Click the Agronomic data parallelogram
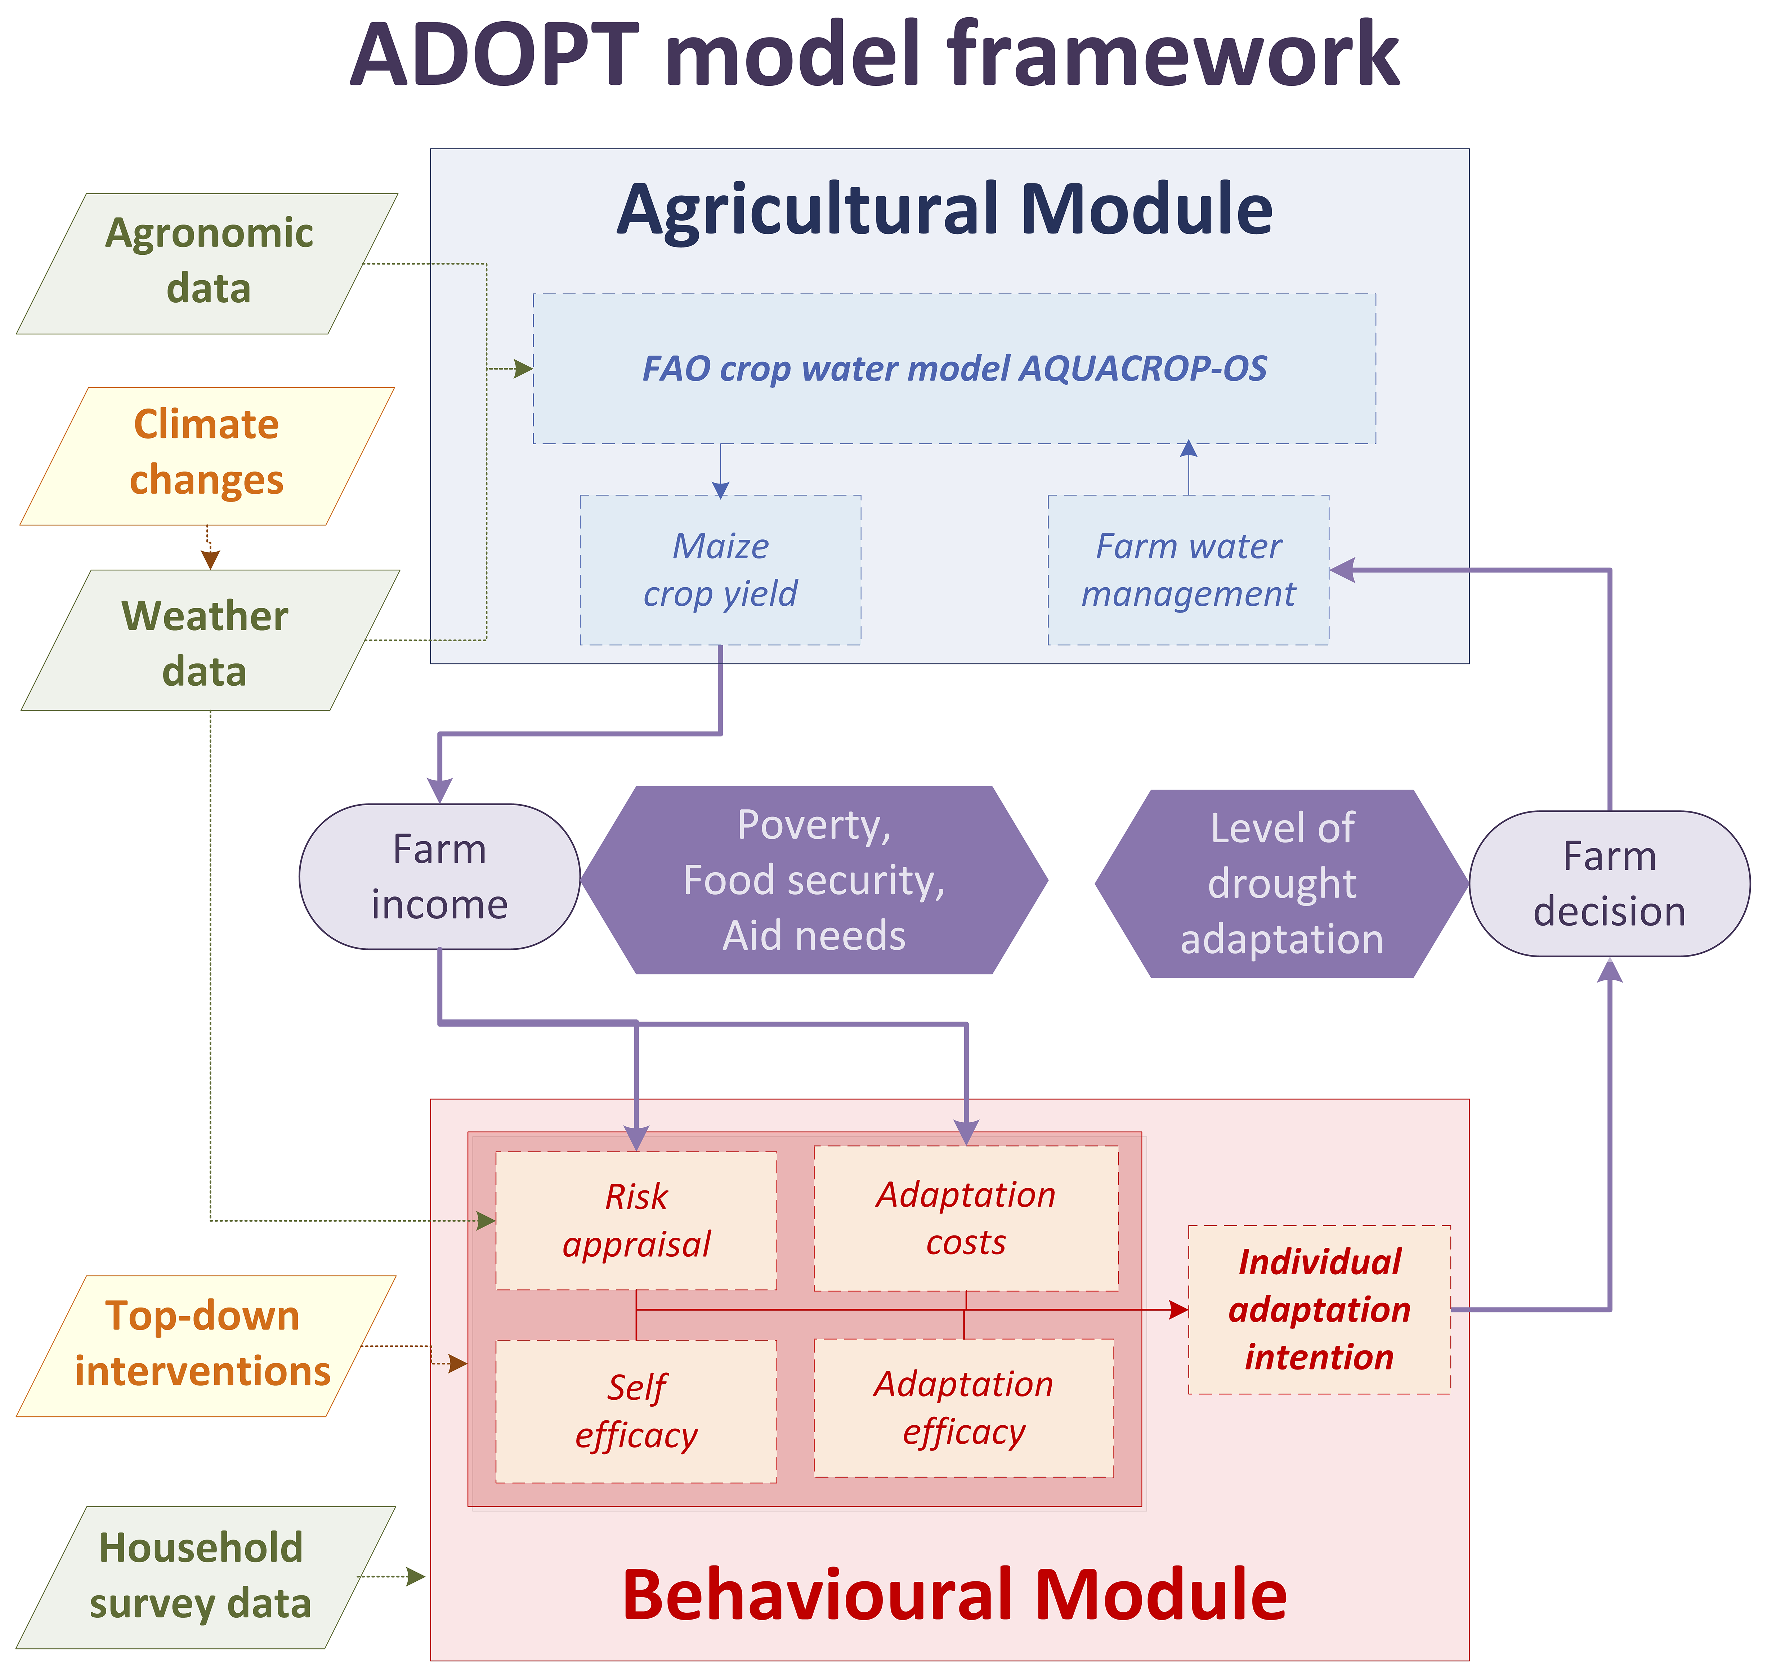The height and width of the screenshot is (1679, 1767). tap(207, 263)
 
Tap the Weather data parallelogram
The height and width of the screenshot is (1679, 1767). tap(207, 641)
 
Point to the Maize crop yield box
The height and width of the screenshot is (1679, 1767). tap(720, 570)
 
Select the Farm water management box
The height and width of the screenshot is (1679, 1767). tap(1188, 570)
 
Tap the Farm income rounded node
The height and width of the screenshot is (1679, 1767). tap(439, 876)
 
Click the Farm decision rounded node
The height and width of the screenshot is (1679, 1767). tap(1609, 883)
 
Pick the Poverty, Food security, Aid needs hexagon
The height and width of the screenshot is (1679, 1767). tap(814, 880)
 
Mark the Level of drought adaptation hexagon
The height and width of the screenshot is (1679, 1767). tap(1281, 883)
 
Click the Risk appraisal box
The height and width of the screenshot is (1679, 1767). tap(636, 1220)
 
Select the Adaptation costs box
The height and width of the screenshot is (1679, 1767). tap(965, 1218)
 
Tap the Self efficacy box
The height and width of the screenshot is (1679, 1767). tap(636, 1411)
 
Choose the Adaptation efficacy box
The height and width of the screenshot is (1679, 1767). tap(963, 1408)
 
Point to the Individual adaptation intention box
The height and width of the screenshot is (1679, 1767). tap(1319, 1309)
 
